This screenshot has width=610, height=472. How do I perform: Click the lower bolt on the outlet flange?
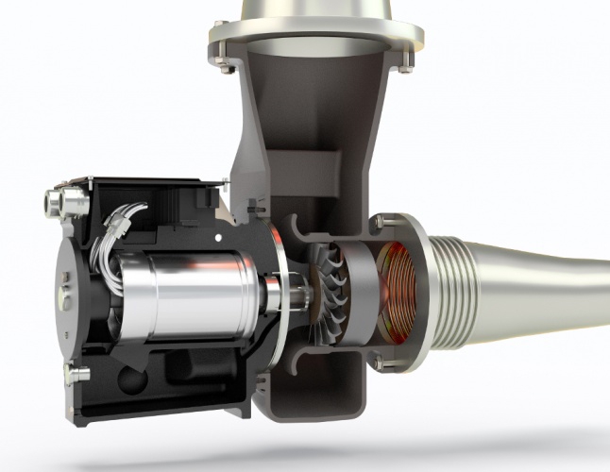[377, 360]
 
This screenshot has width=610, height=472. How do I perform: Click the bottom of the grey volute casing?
[326, 396]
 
